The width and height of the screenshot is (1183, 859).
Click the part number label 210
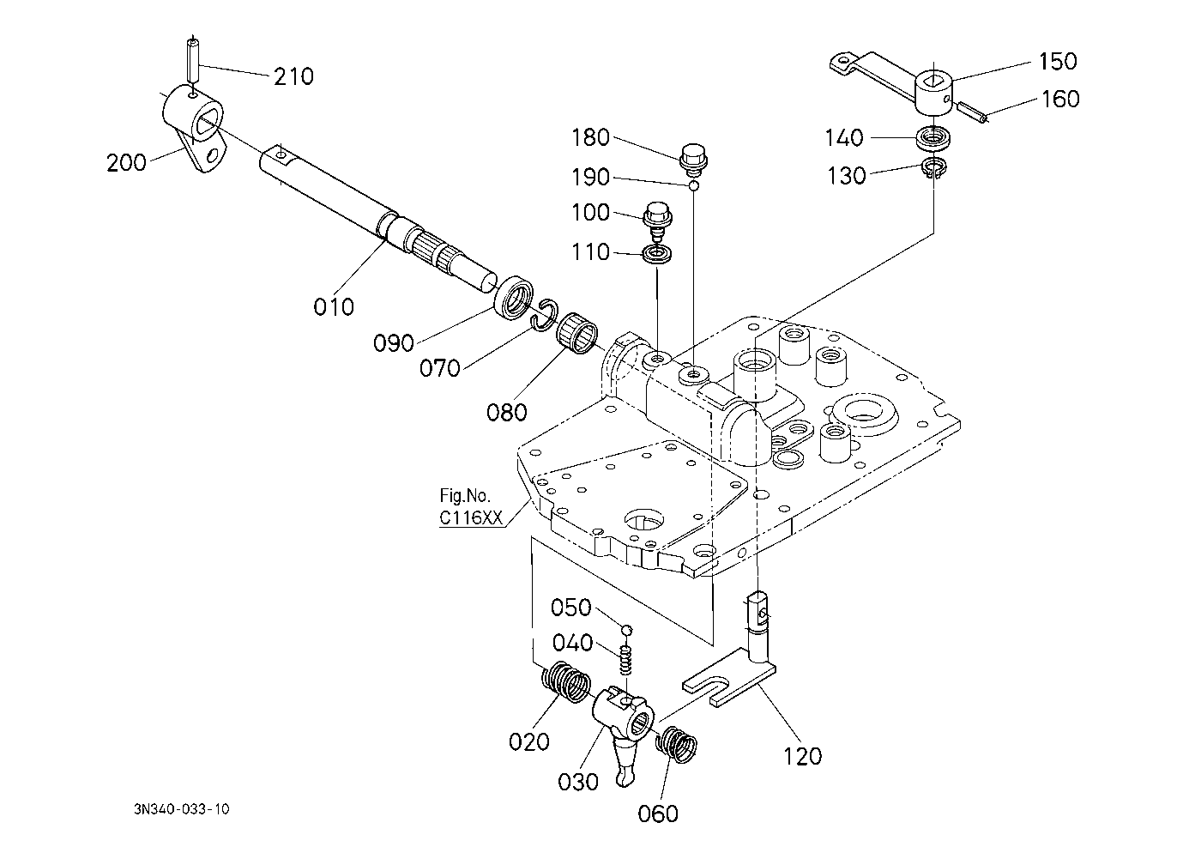293,77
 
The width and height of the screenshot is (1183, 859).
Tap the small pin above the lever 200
193,58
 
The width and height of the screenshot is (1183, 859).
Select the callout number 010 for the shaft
334,307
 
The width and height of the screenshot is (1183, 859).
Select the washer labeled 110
657,254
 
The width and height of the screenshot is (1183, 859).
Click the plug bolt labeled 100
657,221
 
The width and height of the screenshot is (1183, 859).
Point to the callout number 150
1058,62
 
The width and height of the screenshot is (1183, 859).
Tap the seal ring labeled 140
934,139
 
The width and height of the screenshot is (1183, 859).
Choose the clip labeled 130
934,168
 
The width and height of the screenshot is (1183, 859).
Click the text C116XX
471,517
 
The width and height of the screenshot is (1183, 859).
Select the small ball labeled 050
626,630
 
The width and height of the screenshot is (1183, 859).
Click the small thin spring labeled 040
625,661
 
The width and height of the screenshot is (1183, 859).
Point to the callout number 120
802,757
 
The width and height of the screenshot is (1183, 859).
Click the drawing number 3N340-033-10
182,809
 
